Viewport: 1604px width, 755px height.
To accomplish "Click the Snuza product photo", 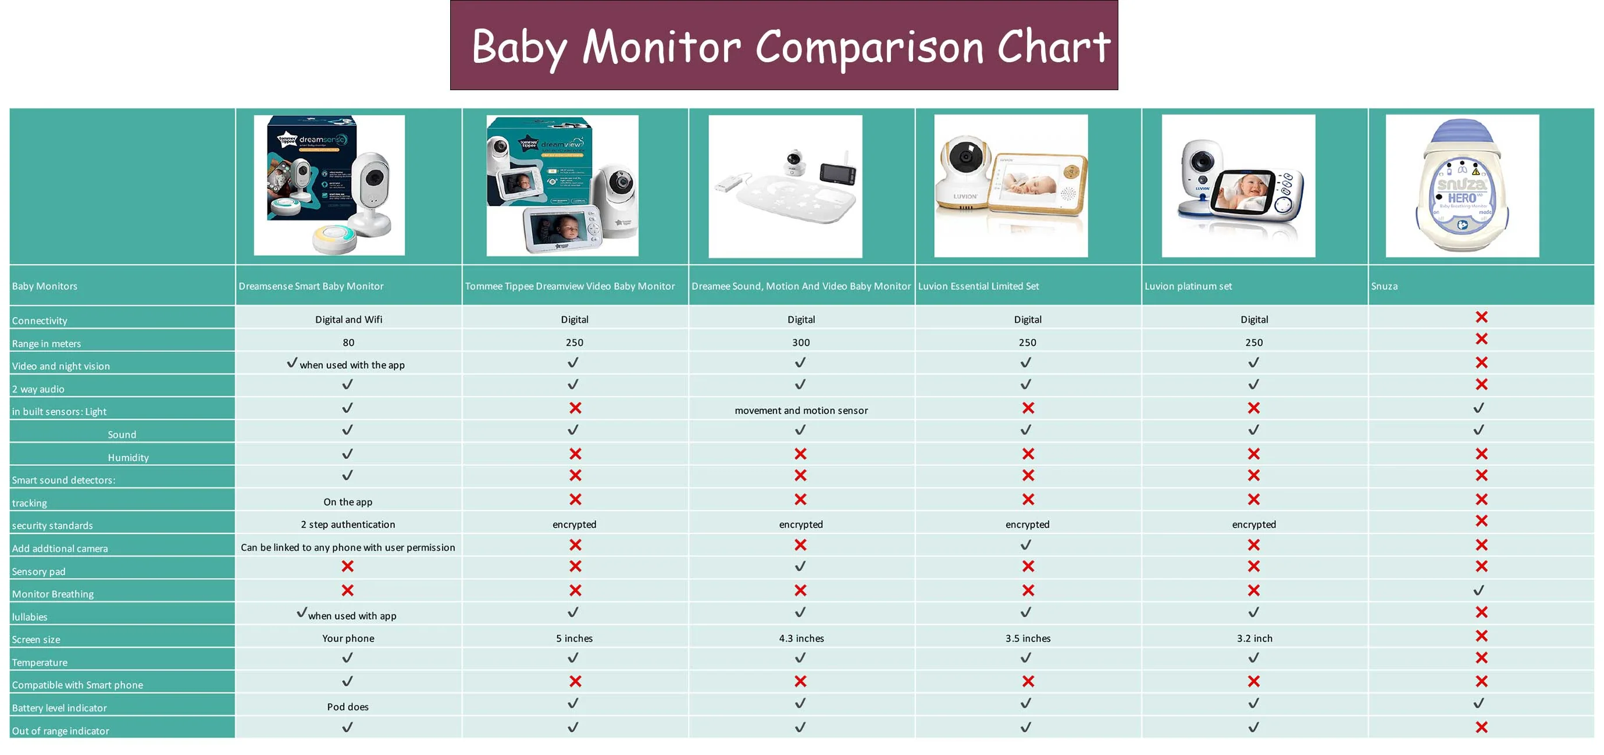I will (x=1462, y=186).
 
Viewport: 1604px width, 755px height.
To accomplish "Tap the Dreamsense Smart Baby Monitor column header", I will (x=311, y=286).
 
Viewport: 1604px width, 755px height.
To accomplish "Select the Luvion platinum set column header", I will (x=1188, y=286).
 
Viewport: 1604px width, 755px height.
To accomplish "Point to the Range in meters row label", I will (x=47, y=343).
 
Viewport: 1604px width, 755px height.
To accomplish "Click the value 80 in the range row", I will (x=348, y=342).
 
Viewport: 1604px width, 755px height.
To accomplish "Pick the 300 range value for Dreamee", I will (x=801, y=342).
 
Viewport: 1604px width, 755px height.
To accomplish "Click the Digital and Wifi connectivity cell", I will (x=348, y=319).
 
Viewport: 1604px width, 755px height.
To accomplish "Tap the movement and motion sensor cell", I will (x=801, y=410).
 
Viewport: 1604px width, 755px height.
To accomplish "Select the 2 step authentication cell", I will (x=348, y=524).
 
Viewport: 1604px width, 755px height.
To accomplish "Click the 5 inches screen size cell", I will (x=574, y=638).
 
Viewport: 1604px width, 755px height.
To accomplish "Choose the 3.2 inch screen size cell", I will (x=1254, y=638).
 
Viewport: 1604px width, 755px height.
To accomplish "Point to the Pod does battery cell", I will (x=348, y=706).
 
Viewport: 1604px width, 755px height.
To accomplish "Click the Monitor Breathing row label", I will (x=53, y=594).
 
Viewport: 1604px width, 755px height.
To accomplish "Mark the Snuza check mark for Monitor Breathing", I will (x=1479, y=589).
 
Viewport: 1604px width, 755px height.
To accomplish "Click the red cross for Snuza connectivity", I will (x=1481, y=317).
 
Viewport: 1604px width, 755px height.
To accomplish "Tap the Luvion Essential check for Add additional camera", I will (x=1026, y=544).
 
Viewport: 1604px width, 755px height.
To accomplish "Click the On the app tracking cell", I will (x=348, y=501).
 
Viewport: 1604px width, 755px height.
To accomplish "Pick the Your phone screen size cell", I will (x=348, y=638).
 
